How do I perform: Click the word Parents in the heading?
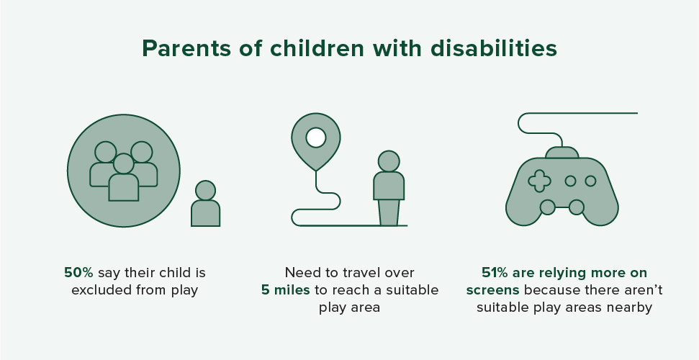coord(186,49)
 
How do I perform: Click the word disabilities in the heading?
coord(494,48)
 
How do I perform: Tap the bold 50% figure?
coord(78,273)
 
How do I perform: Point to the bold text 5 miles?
coord(285,290)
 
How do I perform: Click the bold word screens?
coord(492,291)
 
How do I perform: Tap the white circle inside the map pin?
coord(316,137)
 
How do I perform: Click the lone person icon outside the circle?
coord(205,204)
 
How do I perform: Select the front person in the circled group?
coord(124,177)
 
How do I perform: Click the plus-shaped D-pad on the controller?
coord(539,181)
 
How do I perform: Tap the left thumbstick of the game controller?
coord(547,207)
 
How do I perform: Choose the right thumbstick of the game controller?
coord(577,207)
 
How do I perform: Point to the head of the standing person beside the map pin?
coord(389,161)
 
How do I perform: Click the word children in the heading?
coord(317,48)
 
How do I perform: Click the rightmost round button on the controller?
coord(591,181)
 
